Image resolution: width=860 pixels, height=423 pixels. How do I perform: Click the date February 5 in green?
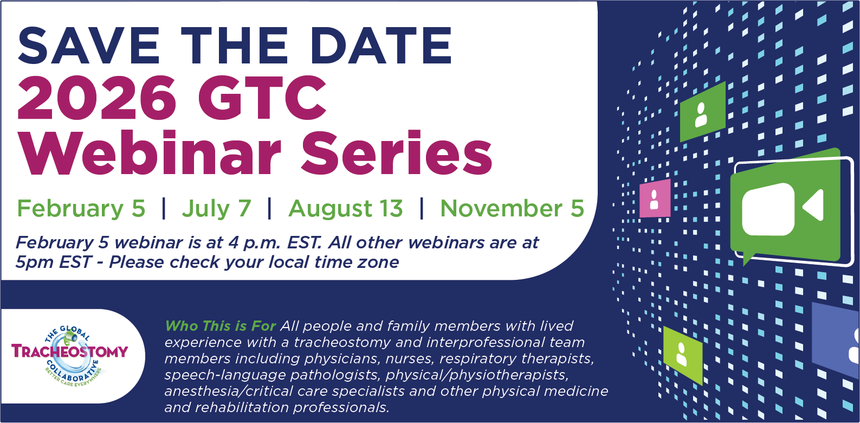click(81, 209)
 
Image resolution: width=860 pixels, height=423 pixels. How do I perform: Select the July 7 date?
click(216, 209)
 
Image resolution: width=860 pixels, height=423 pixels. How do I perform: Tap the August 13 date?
click(346, 209)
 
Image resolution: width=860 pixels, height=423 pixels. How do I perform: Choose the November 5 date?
click(512, 209)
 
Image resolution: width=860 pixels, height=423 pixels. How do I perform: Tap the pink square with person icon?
click(655, 198)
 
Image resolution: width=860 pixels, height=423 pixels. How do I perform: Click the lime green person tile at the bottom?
click(682, 355)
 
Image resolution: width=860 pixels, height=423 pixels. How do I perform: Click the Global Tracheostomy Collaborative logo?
click(70, 355)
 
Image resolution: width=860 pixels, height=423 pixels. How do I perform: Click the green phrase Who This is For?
click(221, 326)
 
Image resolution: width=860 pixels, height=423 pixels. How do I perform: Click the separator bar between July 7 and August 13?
click(269, 209)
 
